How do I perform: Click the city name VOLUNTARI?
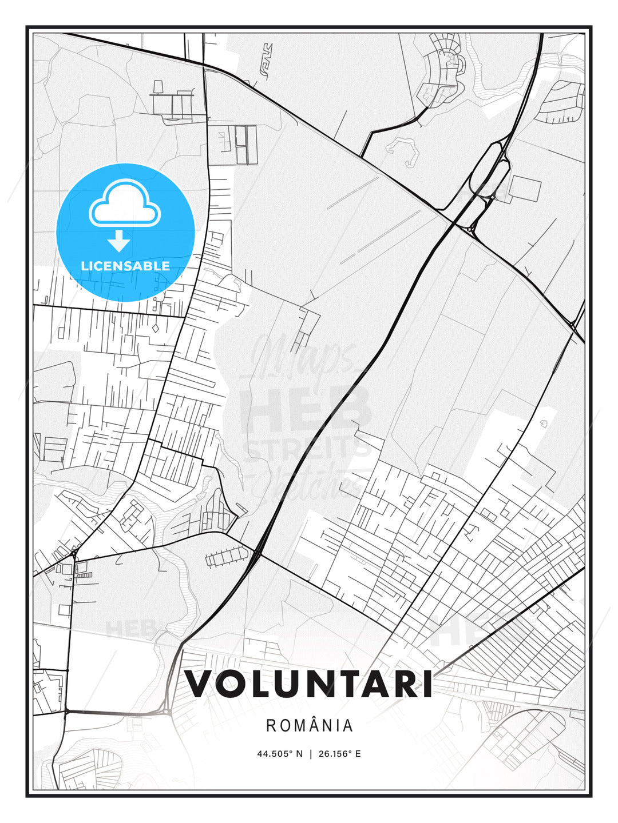tap(309, 684)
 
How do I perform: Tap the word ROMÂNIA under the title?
tap(310, 725)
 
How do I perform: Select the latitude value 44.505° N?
tap(280, 754)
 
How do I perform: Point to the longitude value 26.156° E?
tap(338, 754)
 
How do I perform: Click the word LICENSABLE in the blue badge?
tap(125, 266)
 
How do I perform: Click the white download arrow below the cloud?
tap(119, 241)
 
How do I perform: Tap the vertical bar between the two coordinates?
tap(310, 754)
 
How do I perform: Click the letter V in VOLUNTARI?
tap(199, 684)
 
